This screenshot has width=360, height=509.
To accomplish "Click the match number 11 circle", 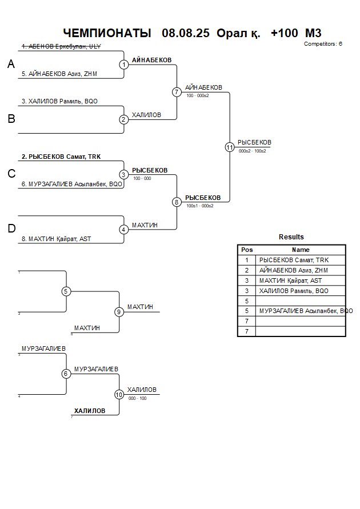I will point(230,147).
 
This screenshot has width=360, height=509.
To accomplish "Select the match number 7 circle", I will point(177,92).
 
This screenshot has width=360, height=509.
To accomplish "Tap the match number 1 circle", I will point(124,65).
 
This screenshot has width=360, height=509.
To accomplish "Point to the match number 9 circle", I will point(119,312).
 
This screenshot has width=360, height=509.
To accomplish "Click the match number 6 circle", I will point(66,374).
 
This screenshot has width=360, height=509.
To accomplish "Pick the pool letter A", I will point(11,65).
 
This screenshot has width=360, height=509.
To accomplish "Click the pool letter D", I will point(11,229).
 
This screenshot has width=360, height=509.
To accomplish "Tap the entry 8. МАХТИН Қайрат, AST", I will point(59,239).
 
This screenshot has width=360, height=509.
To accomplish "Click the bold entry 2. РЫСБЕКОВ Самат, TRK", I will point(61,157).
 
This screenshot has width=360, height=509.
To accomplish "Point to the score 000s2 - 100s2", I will point(252,151).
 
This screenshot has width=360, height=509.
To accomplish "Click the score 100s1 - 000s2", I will point(199,206).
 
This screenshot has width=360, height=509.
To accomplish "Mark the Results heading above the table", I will point(291,237).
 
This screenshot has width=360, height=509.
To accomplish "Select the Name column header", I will point(301,250).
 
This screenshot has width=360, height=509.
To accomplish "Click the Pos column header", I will point(247,250).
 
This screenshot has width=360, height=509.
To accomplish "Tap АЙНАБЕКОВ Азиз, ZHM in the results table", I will point(294,270).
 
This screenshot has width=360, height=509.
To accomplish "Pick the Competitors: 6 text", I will point(323,43).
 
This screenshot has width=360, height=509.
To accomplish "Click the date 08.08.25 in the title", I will point(186,33).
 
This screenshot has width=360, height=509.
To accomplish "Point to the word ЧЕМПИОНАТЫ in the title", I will point(107,33).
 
